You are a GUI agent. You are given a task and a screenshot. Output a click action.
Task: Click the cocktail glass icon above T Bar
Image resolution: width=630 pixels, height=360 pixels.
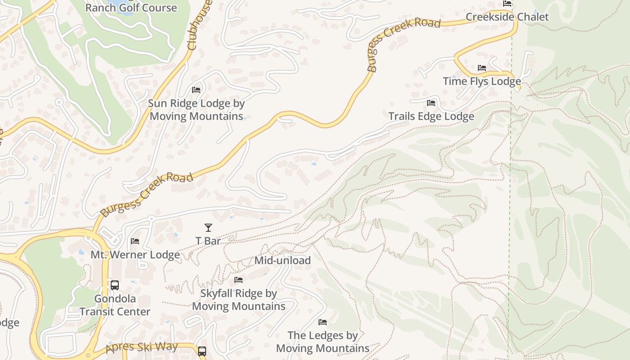click(x=208, y=228)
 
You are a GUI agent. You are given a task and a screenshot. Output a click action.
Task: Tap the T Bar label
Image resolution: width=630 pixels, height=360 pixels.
click(x=208, y=241)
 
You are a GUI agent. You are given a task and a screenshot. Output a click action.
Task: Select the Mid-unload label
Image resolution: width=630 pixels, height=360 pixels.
click(x=282, y=260)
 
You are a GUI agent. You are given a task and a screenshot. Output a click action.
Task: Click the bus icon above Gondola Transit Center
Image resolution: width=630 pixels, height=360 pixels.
click(x=115, y=285)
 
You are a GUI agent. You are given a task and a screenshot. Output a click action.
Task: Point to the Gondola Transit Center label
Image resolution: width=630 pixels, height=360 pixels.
click(x=115, y=305)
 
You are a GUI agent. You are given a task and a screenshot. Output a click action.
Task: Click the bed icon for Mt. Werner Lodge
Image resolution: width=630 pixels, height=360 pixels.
click(x=135, y=241)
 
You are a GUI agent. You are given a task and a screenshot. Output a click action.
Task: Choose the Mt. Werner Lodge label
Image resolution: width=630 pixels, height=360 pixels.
click(x=135, y=255)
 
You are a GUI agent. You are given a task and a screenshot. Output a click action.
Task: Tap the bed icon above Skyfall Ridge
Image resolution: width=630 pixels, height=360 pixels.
click(x=238, y=280)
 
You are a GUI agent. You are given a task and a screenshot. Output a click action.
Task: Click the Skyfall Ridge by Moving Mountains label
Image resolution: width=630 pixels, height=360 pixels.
click(x=238, y=300)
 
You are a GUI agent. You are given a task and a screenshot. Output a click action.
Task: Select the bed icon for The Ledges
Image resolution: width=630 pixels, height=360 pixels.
click(x=323, y=322)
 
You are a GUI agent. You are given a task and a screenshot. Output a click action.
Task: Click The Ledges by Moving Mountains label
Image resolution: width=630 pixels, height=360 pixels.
click(x=323, y=342)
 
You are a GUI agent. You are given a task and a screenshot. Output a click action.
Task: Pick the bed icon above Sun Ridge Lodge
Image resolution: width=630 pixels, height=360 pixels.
click(x=196, y=90)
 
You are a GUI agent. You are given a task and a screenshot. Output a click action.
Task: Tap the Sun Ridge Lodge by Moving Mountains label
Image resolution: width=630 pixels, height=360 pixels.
click(x=196, y=110)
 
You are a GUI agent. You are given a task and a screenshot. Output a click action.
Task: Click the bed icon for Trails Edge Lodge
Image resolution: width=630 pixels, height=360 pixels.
click(x=431, y=103)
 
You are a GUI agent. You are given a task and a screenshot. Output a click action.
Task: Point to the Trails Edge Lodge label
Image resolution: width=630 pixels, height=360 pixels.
click(x=431, y=116)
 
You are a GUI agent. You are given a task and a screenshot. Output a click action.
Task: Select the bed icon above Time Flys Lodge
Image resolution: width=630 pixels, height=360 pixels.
click(x=482, y=68)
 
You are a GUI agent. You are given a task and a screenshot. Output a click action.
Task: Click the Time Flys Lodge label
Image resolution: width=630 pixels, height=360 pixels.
click(x=482, y=81)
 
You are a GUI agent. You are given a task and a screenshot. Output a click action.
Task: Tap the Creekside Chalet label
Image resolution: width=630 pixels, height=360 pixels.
click(x=507, y=17)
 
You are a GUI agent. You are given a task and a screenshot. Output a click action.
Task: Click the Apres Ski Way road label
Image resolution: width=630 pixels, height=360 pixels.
click(x=142, y=348)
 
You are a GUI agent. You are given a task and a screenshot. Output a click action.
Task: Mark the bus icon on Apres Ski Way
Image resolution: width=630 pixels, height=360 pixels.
click(x=202, y=351)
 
